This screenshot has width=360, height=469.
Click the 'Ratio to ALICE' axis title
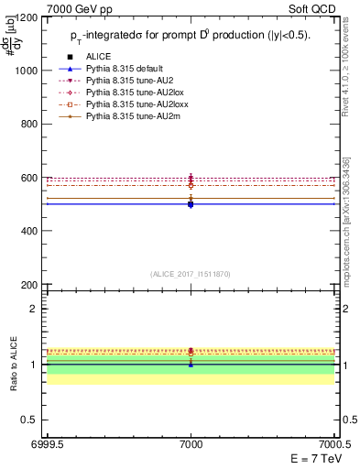click(12, 364)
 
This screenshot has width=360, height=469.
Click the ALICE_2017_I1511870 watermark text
click(191, 274)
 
